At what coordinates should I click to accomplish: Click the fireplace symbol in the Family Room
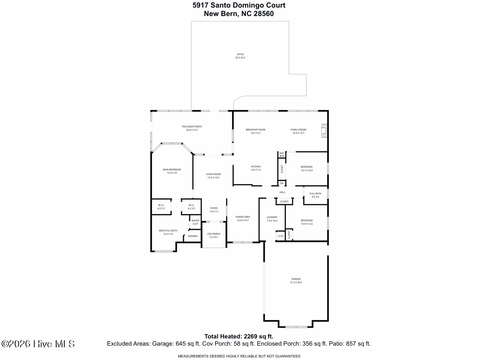click(x=324, y=131)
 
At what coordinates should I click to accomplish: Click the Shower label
click(x=193, y=236)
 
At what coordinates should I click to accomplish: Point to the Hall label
click(x=282, y=192)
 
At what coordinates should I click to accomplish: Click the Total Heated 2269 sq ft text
click(x=239, y=336)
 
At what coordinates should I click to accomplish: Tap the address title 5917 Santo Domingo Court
click(x=239, y=5)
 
